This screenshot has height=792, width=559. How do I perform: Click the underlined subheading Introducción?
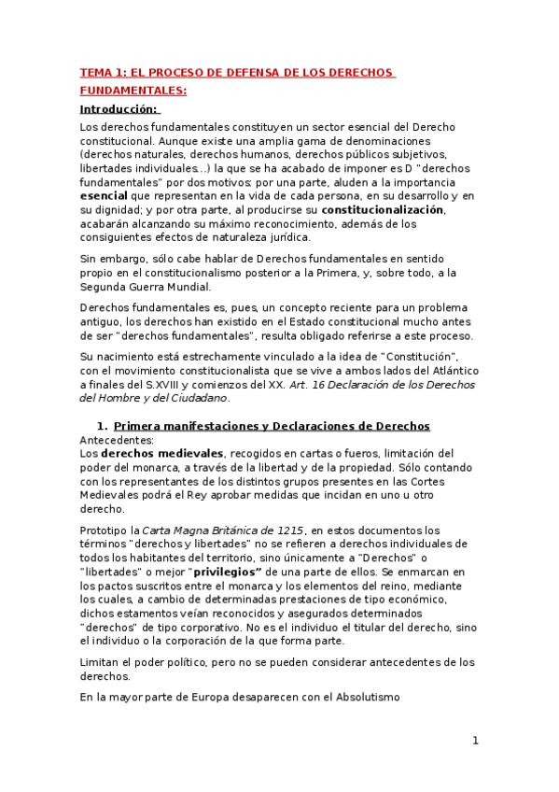119,109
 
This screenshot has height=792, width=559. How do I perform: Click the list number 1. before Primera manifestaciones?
117,426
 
